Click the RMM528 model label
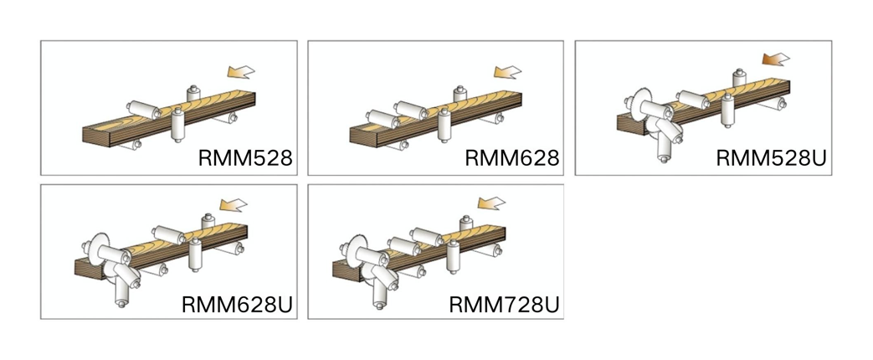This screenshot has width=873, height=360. (245, 158)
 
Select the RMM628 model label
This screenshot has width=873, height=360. (511, 158)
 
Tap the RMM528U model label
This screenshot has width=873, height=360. (771, 159)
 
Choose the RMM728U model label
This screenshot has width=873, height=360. (504, 303)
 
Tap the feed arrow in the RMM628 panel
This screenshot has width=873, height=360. (508, 73)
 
